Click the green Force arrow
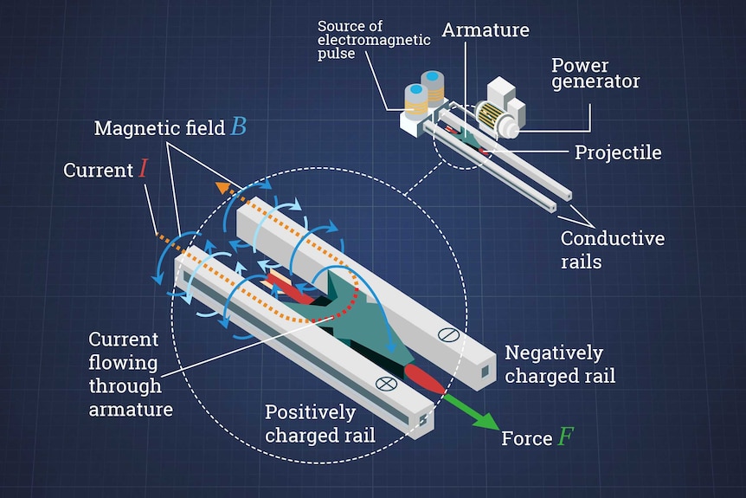click(x=471, y=412)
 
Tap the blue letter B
click(x=238, y=126)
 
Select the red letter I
click(x=143, y=169)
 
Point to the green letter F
click(x=566, y=437)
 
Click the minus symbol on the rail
click(x=448, y=334)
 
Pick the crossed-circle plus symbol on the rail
click(x=386, y=384)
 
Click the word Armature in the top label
click(x=486, y=30)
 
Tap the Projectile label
click(x=618, y=152)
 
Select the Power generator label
click(x=595, y=74)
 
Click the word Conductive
click(x=613, y=238)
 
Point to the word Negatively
click(x=554, y=353)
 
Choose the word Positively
click(x=310, y=412)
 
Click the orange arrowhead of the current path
click(x=222, y=187)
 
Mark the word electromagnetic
click(x=374, y=40)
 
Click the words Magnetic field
click(x=159, y=128)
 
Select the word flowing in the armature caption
click(x=123, y=363)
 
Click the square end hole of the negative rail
click(x=485, y=371)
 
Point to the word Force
click(x=527, y=438)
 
